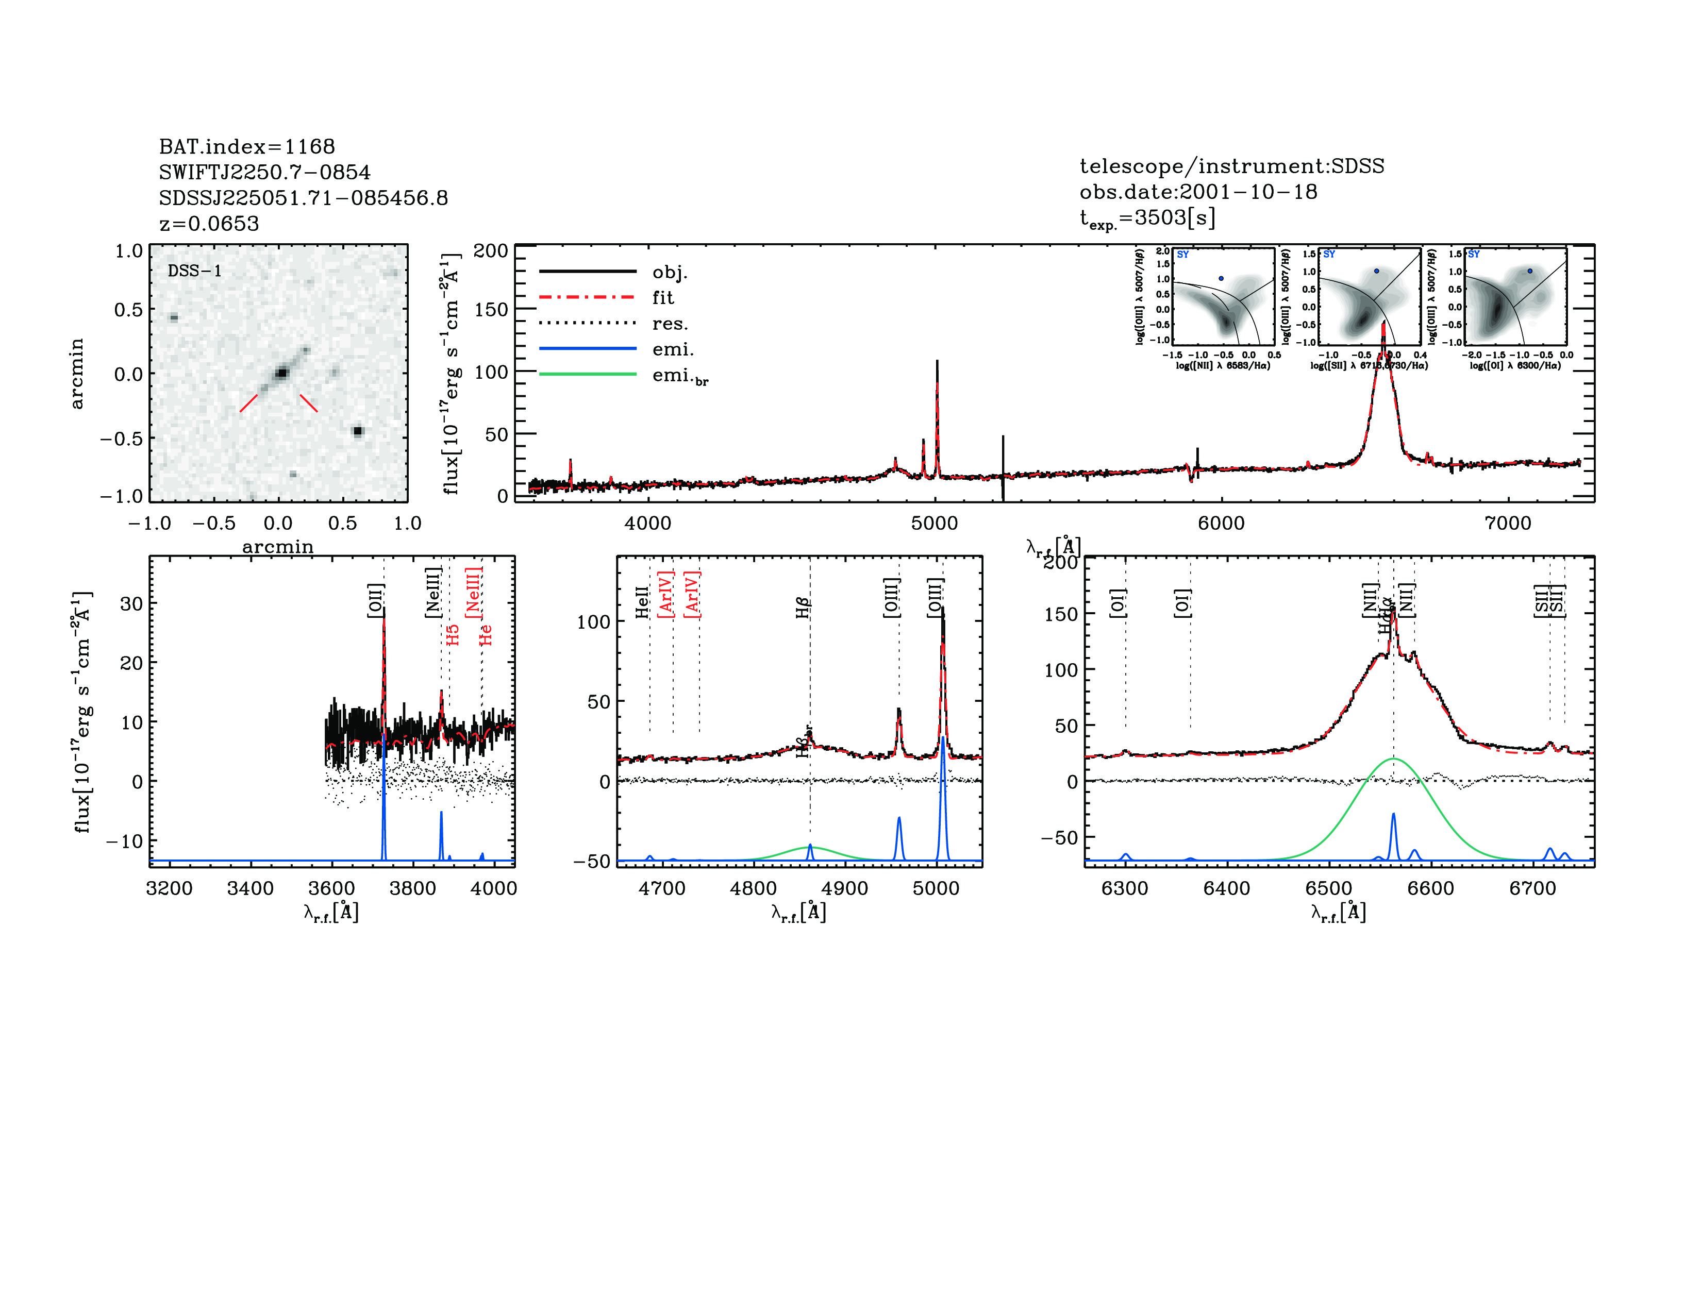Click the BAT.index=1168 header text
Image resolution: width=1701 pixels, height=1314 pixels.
pos(247,146)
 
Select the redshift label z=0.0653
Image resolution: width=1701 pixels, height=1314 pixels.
pos(209,224)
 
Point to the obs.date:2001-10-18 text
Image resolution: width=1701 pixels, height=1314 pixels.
pos(1198,192)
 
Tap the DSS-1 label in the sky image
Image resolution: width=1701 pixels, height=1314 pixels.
pos(195,271)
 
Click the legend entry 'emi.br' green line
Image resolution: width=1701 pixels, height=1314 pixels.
pos(588,375)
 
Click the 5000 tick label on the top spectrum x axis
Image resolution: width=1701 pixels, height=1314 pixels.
pos(935,523)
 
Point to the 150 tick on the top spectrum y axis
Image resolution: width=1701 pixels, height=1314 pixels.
pos(491,310)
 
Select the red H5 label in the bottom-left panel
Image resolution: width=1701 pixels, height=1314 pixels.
pos(453,634)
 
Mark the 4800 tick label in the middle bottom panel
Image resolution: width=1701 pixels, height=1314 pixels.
pos(753,888)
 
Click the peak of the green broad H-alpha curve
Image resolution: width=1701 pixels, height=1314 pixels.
pos(1393,758)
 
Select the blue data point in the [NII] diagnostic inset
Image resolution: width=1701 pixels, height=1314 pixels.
pos(1221,278)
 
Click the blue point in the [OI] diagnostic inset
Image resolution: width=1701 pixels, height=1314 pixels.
pos(1530,271)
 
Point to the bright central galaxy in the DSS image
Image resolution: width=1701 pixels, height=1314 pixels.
pos(281,374)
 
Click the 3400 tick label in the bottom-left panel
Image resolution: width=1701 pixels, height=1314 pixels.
pos(250,888)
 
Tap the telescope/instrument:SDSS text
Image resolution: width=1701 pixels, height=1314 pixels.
pos(1231,166)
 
